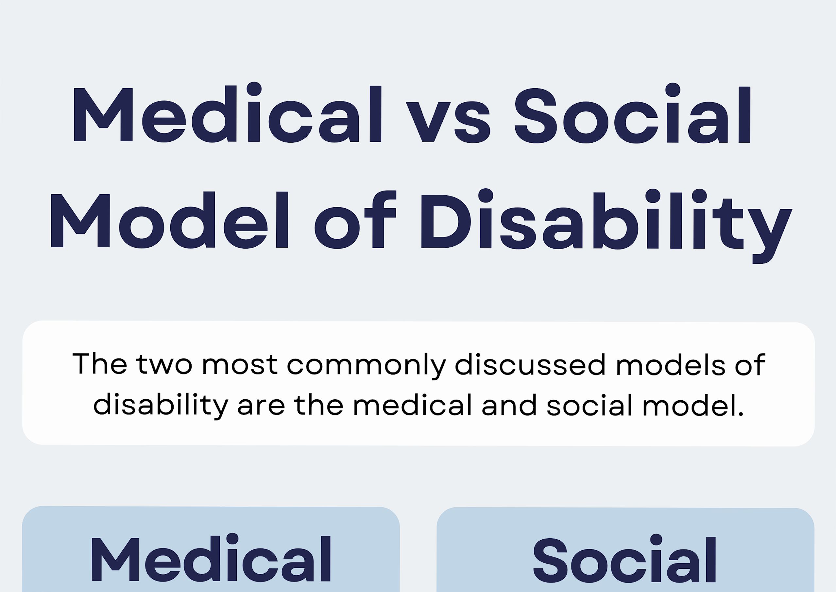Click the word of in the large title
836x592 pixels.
355,220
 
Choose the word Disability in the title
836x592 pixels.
605,222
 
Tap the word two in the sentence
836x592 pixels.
164,365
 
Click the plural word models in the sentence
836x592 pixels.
671,365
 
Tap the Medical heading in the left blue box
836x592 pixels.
211,560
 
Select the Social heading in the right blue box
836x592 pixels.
625,560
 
